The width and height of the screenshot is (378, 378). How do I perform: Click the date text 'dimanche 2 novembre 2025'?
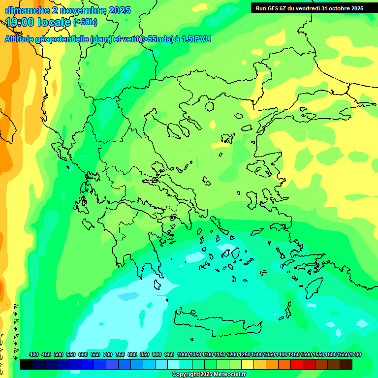(x=67, y=10)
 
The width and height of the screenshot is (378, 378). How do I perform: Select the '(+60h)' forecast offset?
(x=85, y=22)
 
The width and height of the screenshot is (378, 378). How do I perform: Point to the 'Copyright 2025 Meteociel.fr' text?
(x=209, y=375)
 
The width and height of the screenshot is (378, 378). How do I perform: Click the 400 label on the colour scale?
(x=34, y=354)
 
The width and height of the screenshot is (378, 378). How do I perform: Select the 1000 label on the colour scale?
(x=183, y=354)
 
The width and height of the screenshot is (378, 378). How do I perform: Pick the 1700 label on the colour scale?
(x=355, y=354)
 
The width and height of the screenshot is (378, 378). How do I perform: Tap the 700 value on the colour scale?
(x=108, y=354)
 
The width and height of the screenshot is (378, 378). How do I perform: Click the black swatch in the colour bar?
(x=26, y=365)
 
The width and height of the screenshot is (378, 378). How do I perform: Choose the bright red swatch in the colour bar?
(x=297, y=365)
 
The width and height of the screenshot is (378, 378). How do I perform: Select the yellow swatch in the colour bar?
(x=248, y=365)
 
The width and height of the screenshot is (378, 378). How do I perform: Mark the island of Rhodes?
(x=313, y=287)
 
